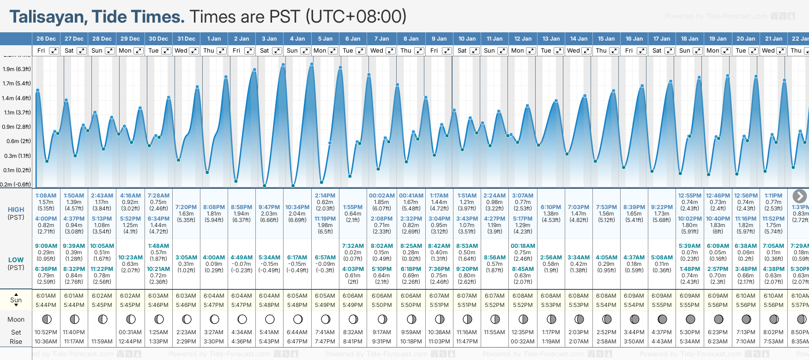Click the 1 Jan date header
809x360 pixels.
214,39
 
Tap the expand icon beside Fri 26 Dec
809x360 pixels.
54,51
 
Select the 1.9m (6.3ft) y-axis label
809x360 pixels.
17,69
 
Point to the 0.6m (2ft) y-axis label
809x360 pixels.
18,141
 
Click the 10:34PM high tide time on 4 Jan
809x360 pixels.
297,207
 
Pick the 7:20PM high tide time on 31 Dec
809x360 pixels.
186,207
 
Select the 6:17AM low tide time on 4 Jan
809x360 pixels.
297,258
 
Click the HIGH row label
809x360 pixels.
16,210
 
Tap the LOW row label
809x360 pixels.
16,260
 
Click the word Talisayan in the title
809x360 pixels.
48,17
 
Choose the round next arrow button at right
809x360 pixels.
799,196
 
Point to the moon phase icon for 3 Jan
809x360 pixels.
270,319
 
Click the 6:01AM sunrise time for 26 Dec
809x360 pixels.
46,296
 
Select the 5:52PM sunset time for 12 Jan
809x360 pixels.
523,305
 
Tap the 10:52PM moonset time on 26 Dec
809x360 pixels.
46,332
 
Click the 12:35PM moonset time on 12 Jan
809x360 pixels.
523,332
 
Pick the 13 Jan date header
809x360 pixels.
551,39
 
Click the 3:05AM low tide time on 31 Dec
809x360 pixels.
186,258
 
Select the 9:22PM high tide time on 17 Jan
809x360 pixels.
661,207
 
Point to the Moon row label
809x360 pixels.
16,319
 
